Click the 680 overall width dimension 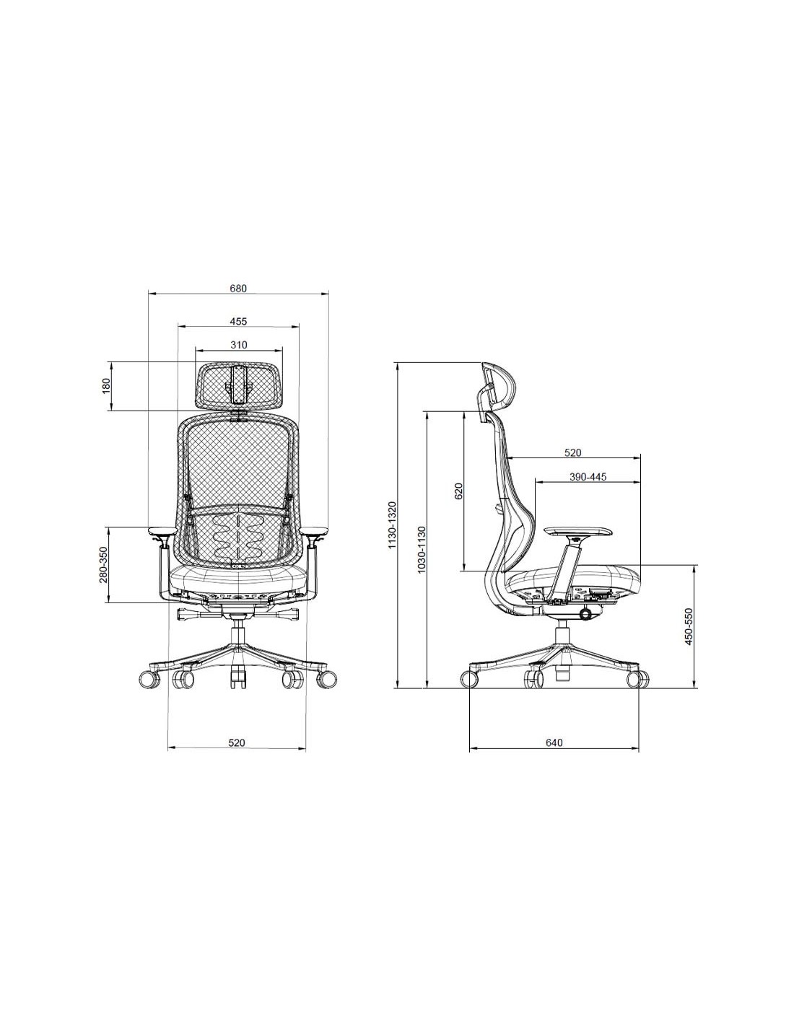[238, 289]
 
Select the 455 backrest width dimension [238, 321]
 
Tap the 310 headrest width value [238, 345]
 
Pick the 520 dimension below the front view [237, 742]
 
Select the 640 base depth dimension [554, 742]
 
